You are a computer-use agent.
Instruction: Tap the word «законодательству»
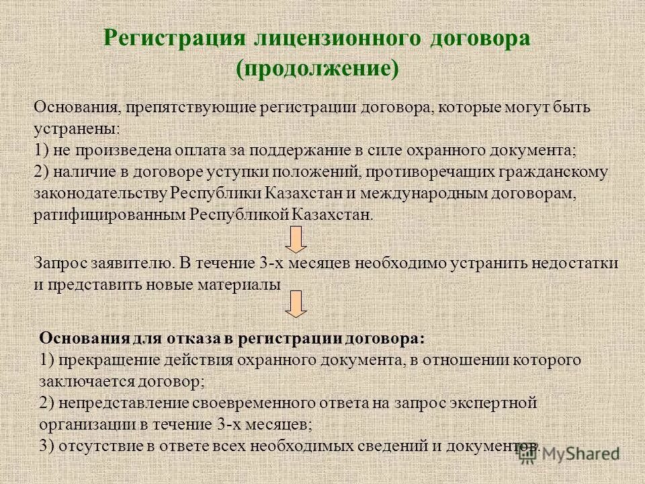[x=101, y=193]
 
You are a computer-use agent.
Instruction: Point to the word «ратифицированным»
[x=110, y=215]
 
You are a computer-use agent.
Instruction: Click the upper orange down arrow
[x=296, y=239]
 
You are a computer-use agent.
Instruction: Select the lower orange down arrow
[x=296, y=304]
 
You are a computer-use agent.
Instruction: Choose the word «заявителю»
[x=124, y=264]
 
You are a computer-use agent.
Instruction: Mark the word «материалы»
[x=239, y=284]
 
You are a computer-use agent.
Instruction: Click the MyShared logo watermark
[x=570, y=454]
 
